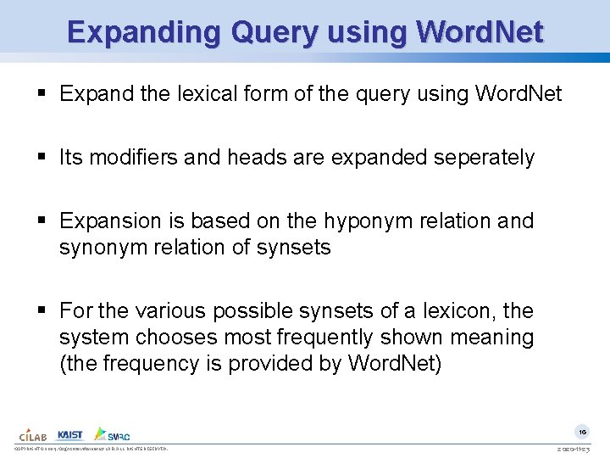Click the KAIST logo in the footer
point(70,433)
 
